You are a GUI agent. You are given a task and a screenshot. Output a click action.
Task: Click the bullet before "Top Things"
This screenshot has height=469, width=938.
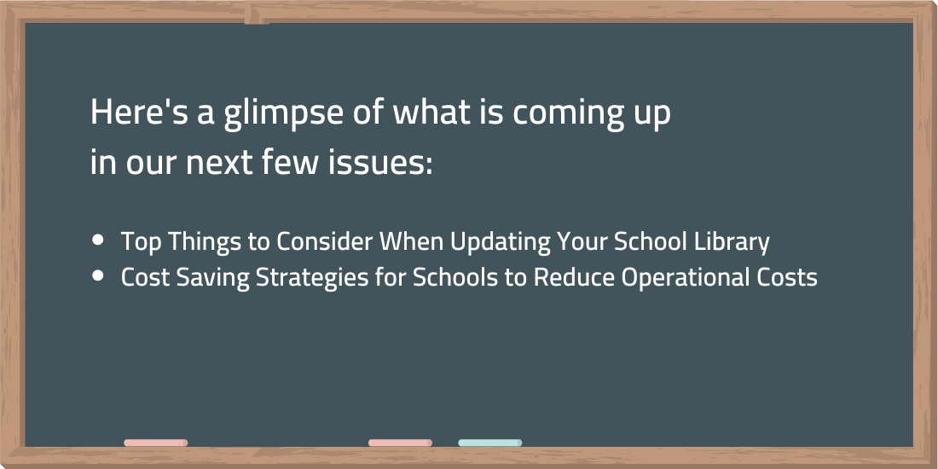pyautogui.click(x=98, y=240)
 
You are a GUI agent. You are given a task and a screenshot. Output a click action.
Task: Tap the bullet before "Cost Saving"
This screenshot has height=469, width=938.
pyautogui.click(x=98, y=275)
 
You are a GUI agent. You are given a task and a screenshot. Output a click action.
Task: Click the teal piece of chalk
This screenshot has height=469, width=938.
pyautogui.click(x=490, y=443)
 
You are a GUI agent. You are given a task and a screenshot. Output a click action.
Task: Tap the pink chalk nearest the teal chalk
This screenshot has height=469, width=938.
pyautogui.click(x=400, y=443)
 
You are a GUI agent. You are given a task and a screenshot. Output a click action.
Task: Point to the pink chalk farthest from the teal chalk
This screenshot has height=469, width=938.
pyautogui.click(x=155, y=443)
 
